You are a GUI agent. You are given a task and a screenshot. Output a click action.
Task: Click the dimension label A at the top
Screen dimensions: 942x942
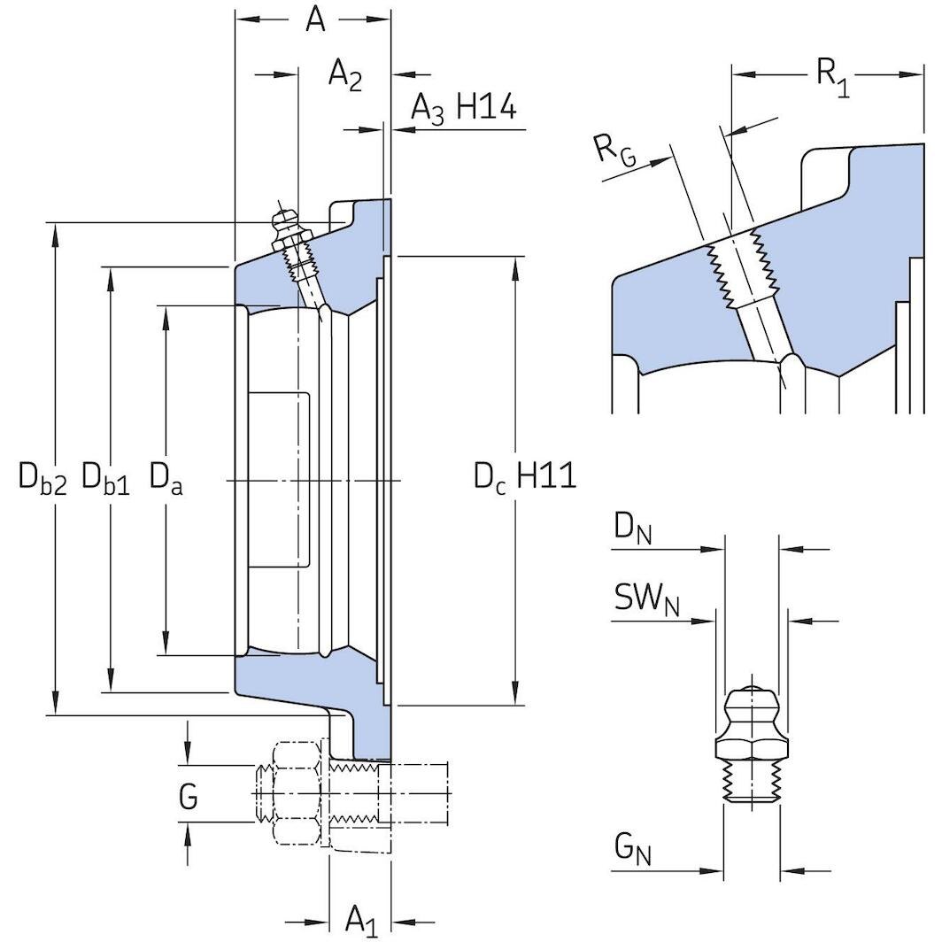(315, 19)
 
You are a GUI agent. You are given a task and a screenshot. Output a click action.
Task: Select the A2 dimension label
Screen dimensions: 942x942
(345, 74)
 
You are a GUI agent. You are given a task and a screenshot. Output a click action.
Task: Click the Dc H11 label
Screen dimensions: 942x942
(524, 477)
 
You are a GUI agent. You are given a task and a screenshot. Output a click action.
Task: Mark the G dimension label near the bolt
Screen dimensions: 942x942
(188, 798)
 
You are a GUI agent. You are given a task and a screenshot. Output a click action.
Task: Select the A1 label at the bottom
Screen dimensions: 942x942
(360, 918)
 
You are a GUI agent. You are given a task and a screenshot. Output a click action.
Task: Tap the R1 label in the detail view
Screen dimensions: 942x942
(831, 75)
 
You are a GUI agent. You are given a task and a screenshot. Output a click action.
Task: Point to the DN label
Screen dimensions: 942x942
(633, 531)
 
